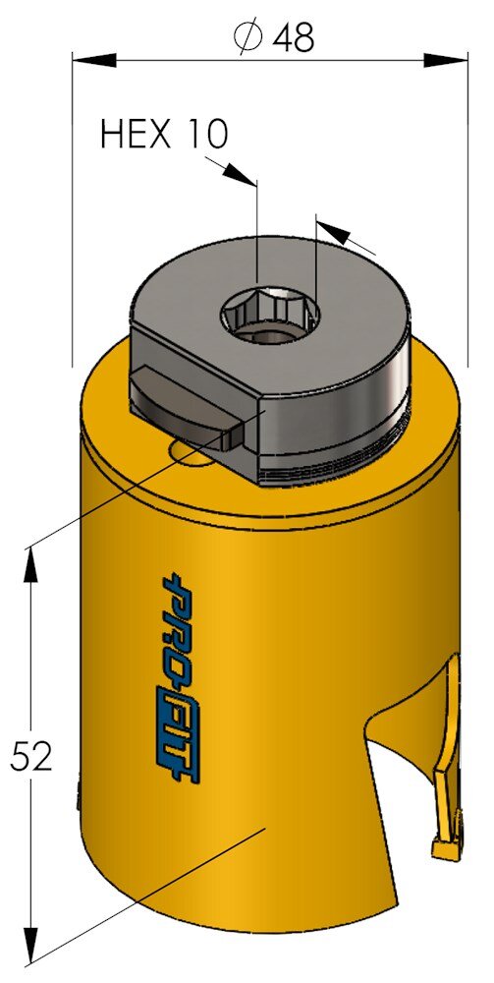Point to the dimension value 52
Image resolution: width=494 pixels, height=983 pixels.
[x=30, y=757]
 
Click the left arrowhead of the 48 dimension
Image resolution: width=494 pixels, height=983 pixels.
[x=94, y=60]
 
